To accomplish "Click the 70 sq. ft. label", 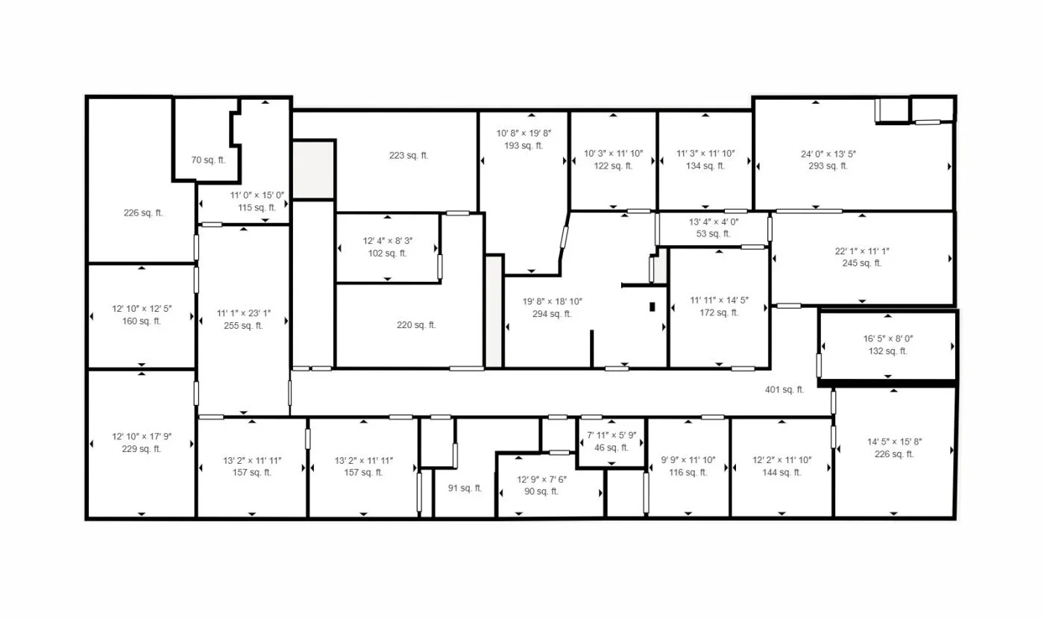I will pyautogui.click(x=208, y=160).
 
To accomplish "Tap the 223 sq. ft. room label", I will pyautogui.click(x=409, y=156).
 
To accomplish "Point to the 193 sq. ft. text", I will pyautogui.click(x=523, y=146).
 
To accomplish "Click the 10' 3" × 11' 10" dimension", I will pyautogui.click(x=613, y=154).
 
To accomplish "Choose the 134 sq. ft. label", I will pyautogui.click(x=705, y=166).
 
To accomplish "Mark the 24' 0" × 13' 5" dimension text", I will pyautogui.click(x=828, y=154).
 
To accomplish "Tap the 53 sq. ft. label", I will pyautogui.click(x=714, y=234).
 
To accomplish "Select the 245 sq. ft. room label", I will pyautogui.click(x=862, y=263).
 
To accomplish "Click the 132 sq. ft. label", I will pyautogui.click(x=888, y=351).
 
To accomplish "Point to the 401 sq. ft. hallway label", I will pyautogui.click(x=784, y=389).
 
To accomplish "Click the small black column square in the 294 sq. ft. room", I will pyautogui.click(x=652, y=307).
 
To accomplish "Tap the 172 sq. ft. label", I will pyautogui.click(x=720, y=313).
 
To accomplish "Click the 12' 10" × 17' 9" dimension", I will pyautogui.click(x=142, y=436).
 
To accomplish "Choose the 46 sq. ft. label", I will pyautogui.click(x=611, y=448).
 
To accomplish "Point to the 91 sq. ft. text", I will pyautogui.click(x=465, y=488).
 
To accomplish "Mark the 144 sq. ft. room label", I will pyautogui.click(x=782, y=473).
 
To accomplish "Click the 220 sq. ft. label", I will pyautogui.click(x=417, y=325).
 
